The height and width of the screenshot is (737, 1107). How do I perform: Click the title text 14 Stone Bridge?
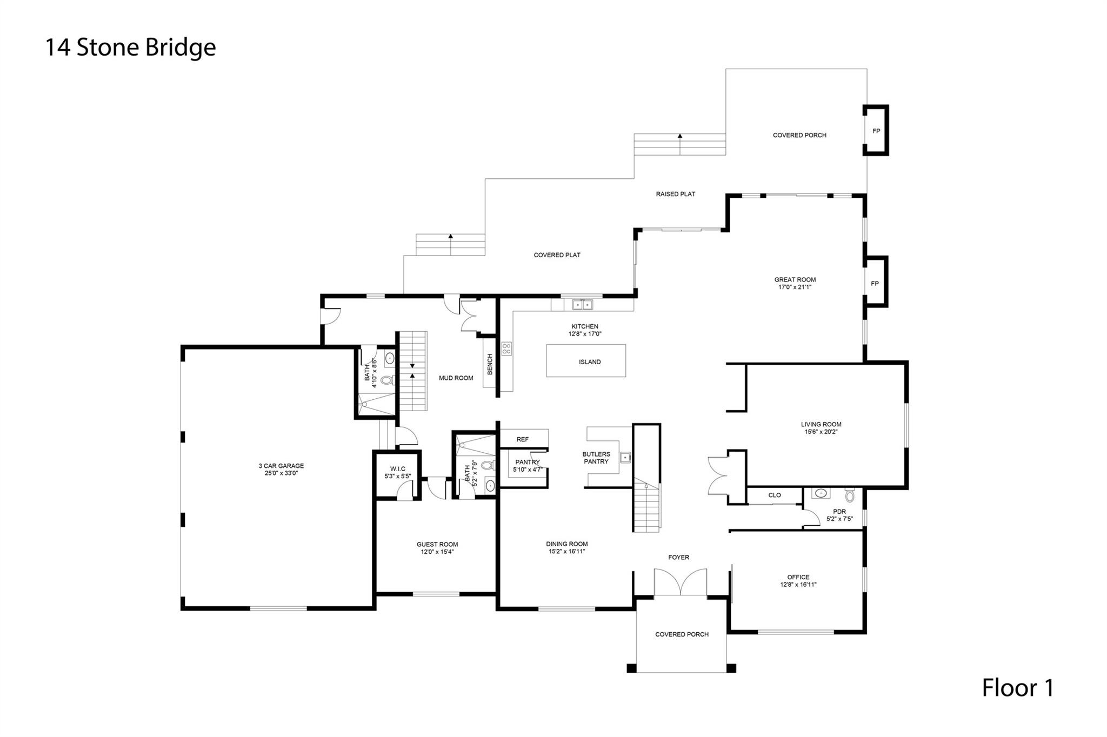[130, 48]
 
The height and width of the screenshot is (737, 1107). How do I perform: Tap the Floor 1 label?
[1017, 688]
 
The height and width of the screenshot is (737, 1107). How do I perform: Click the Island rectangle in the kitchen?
[586, 361]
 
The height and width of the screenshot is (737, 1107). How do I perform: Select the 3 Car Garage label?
[281, 466]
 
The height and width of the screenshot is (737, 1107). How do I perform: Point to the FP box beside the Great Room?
[875, 284]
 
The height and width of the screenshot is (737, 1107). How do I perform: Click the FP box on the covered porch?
[876, 131]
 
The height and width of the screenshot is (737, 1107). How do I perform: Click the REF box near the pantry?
[523, 439]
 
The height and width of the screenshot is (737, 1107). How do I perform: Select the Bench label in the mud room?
[490, 364]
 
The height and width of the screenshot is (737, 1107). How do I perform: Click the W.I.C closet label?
[397, 468]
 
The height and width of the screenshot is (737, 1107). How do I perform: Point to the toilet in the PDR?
[850, 495]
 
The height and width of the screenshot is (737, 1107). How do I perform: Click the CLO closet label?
[775, 495]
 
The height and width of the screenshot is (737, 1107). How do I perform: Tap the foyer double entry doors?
[680, 582]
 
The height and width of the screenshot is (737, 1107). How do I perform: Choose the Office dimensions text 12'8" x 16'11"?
[798, 585]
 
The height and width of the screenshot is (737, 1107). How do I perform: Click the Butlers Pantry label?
[596, 458]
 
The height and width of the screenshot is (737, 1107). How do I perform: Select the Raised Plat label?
[675, 194]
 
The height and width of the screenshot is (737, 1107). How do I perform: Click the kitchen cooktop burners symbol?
[506, 349]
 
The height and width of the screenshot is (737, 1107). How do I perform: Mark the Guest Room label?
[437, 545]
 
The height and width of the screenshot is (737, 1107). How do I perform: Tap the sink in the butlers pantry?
[625, 458]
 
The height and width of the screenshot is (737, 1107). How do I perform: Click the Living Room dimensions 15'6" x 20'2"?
[821, 432]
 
